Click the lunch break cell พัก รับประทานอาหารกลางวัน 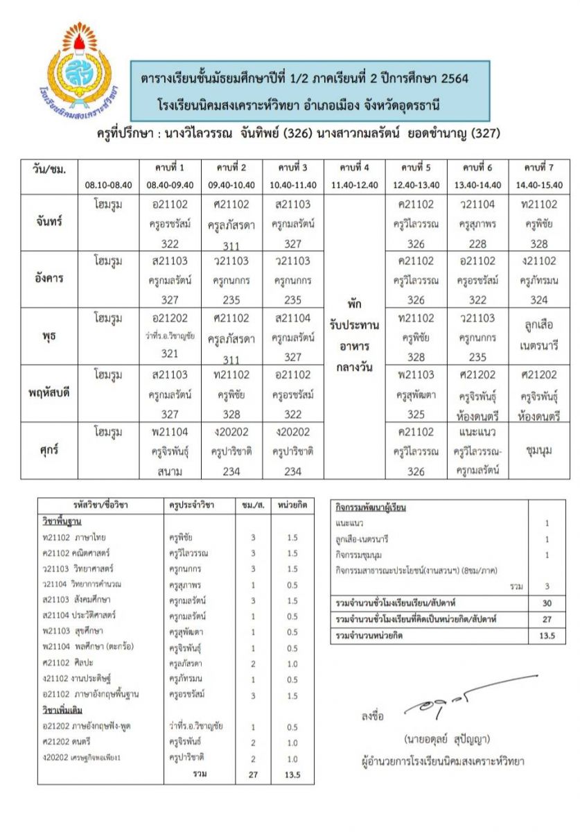pyautogui.click(x=355, y=336)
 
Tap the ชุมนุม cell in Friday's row pyautogui.click(x=539, y=451)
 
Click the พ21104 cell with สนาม pyautogui.click(x=170, y=451)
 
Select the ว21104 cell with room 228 pyautogui.click(x=477, y=223)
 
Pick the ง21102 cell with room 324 pyautogui.click(x=539, y=280)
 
